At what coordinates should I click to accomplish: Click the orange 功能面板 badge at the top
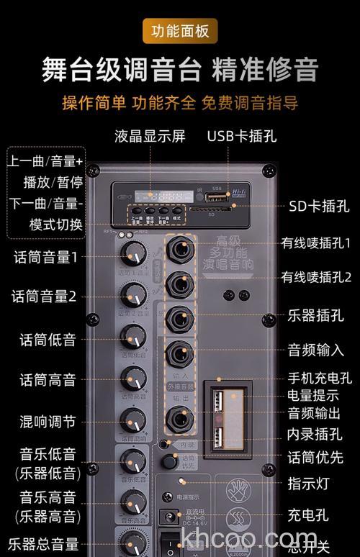tap(179, 32)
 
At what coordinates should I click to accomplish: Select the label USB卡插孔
tap(241, 137)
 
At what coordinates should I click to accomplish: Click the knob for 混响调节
tap(133, 420)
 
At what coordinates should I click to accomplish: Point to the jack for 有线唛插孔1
tap(179, 249)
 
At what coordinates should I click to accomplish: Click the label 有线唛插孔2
tap(316, 277)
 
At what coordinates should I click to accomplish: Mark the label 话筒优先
tap(315, 457)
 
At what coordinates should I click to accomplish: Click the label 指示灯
tap(308, 483)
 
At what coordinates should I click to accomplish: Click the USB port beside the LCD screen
tap(212, 196)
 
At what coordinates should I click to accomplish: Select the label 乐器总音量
tap(43, 544)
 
